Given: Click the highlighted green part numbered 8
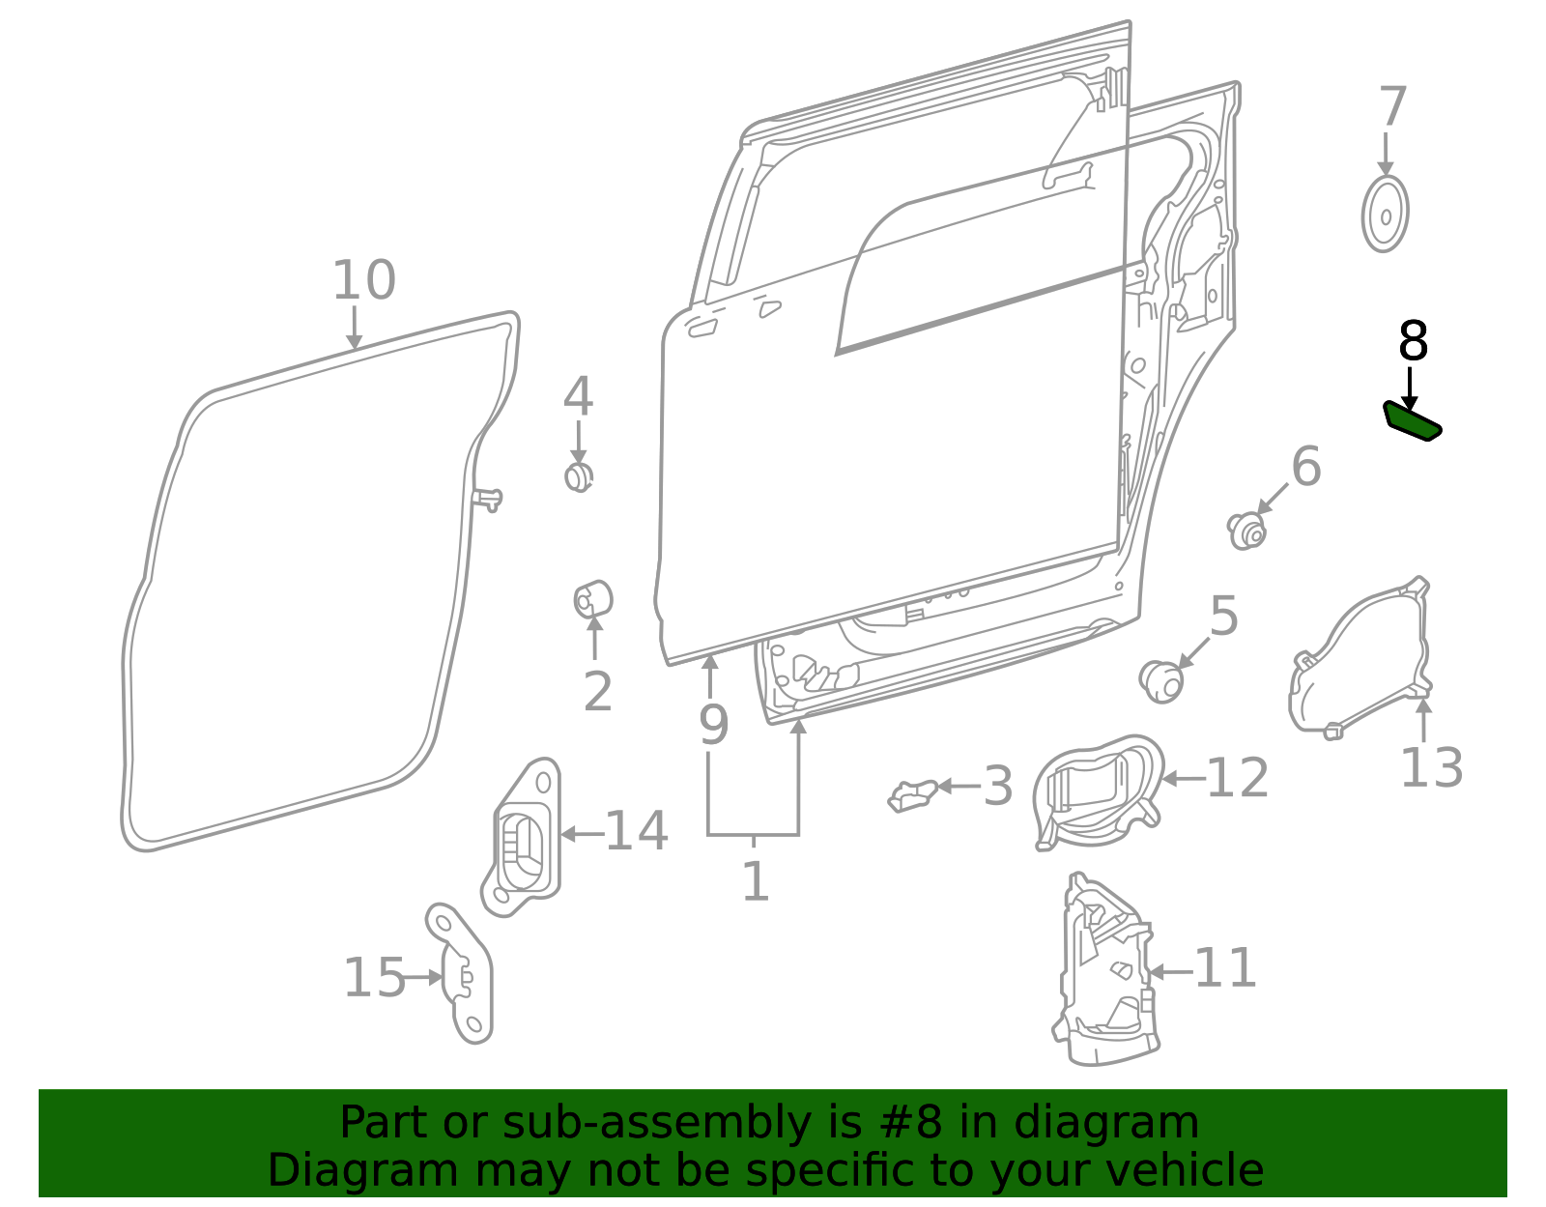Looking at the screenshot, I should [1412, 422].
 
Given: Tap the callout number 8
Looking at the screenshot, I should [1413, 342].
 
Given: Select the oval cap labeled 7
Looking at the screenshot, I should [1385, 214].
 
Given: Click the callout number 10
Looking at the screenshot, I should [363, 280].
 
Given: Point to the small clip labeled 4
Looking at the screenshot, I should [578, 476].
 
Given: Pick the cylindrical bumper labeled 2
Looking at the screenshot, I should [593, 600].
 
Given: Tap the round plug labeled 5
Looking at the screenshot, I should [1161, 681].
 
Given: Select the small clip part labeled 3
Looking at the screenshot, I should [912, 795].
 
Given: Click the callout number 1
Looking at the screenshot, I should [755, 881].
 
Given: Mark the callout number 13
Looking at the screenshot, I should [1431, 768].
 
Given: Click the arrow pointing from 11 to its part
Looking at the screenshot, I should [1170, 971].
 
